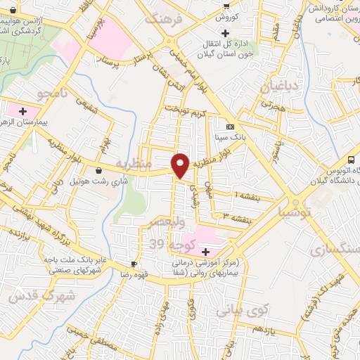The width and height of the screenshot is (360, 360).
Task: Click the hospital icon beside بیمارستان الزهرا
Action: point(23,110)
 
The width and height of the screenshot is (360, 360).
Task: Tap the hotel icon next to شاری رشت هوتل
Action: point(98,169)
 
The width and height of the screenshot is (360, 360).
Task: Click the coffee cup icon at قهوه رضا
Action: point(133,264)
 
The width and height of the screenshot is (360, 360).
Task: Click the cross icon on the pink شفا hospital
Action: point(205,251)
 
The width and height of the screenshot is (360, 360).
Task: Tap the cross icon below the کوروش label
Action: point(225,33)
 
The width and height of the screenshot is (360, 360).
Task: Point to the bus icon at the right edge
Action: point(351,160)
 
